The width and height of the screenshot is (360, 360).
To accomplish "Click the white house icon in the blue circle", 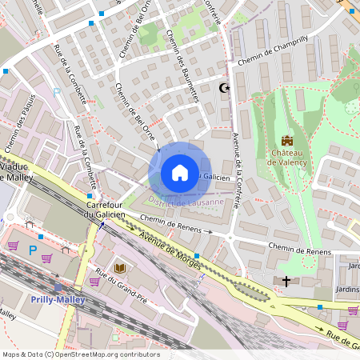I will coord(180,173).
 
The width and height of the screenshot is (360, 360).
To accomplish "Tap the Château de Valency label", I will coord(287,157).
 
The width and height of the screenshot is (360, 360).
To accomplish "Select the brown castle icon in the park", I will coord(287,141).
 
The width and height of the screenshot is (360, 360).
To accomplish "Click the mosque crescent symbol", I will coord(224,87).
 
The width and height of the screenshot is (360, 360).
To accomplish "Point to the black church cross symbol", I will coord(286,281).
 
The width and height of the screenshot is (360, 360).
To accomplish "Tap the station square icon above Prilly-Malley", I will coord(58,287).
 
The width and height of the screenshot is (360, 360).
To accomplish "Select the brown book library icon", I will coord(120,267).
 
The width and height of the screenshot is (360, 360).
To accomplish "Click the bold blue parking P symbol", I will coord(32,250).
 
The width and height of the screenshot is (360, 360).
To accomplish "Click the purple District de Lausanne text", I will coord(186,203).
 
